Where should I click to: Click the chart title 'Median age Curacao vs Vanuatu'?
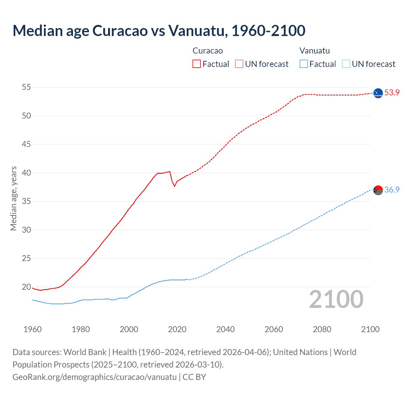pyautogui.click(x=159, y=31)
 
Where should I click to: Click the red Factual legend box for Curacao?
pyautogui.click(x=197, y=64)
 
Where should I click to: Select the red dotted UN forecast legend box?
pyautogui.click(x=239, y=64)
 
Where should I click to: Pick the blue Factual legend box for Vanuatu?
pyautogui.click(x=304, y=64)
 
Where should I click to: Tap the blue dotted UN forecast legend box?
pyautogui.click(x=346, y=64)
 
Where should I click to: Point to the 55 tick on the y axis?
pyautogui.click(x=26, y=87)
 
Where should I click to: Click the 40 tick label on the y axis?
pyautogui.click(x=26, y=173)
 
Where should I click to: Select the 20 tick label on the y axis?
pyautogui.click(x=26, y=287)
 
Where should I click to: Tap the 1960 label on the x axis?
pyautogui.click(x=33, y=329)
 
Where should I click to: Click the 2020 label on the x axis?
pyautogui.click(x=177, y=329)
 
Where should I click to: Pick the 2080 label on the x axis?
pyautogui.click(x=322, y=329)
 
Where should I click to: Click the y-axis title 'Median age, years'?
pyautogui.click(x=13, y=198)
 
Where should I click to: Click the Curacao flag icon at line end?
pyautogui.click(x=378, y=93)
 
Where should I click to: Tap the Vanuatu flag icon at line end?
pyautogui.click(x=378, y=190)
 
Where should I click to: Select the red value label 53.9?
pyautogui.click(x=392, y=93)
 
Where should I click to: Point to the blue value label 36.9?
pyautogui.click(x=392, y=190)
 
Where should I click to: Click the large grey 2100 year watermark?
pyautogui.click(x=336, y=299)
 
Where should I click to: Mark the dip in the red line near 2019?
pyautogui.click(x=174, y=186)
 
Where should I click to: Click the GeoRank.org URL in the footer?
pyautogui.click(x=94, y=377)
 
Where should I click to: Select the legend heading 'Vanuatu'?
pyautogui.click(x=315, y=51)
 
